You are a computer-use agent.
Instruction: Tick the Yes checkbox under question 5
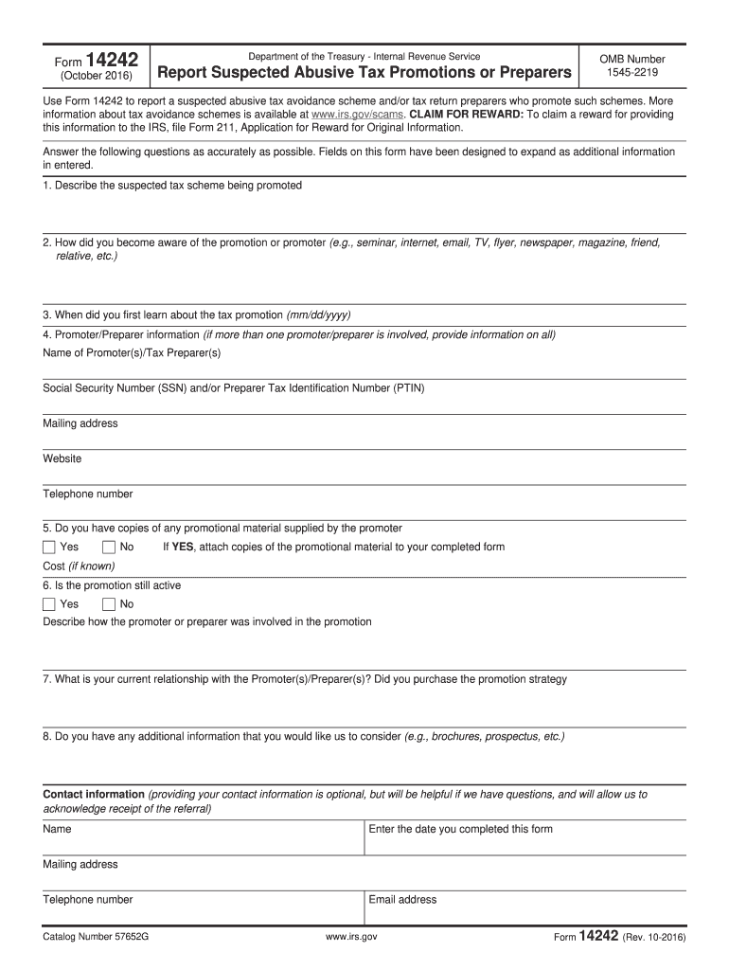pos(49,548)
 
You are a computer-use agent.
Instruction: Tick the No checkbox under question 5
pos(108,548)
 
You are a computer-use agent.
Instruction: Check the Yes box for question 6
pos(49,604)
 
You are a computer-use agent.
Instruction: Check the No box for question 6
pos(108,604)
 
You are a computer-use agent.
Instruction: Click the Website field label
pos(62,458)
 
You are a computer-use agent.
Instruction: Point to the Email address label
pos(402,899)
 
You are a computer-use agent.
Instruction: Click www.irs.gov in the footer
pos(351,937)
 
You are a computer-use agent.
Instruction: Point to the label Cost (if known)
pos(79,566)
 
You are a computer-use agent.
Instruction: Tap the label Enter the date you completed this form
pos(460,829)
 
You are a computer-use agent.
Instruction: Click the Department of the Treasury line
pos(364,57)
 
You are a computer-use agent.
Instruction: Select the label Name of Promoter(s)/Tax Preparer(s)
pos(132,353)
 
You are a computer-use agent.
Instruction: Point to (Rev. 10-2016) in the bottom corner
pos(654,938)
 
